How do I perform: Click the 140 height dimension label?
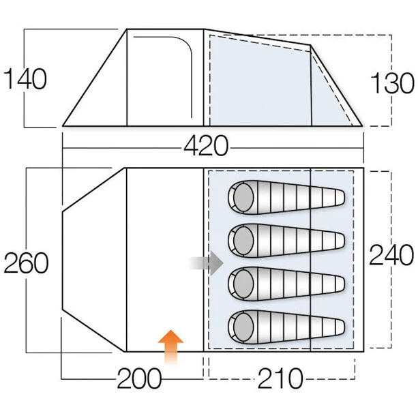tap(25, 79)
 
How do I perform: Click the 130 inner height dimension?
tap(392, 83)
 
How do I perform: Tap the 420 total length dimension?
tap(206, 145)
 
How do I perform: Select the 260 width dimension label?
tap(26, 263)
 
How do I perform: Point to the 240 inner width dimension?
tap(391, 255)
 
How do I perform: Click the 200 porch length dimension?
tap(139, 378)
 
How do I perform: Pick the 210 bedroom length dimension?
tap(280, 378)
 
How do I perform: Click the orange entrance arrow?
tap(171, 346)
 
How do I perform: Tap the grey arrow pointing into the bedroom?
tap(207, 263)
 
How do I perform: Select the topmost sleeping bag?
tap(286, 197)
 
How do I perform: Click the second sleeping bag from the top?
tap(286, 241)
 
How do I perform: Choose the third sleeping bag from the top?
tap(286, 284)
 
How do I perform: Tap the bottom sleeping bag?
tap(286, 327)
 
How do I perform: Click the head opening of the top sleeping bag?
tap(243, 197)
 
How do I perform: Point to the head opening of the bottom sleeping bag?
tap(243, 327)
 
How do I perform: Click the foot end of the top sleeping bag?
tap(340, 198)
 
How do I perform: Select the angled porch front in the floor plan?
tap(94, 260)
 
